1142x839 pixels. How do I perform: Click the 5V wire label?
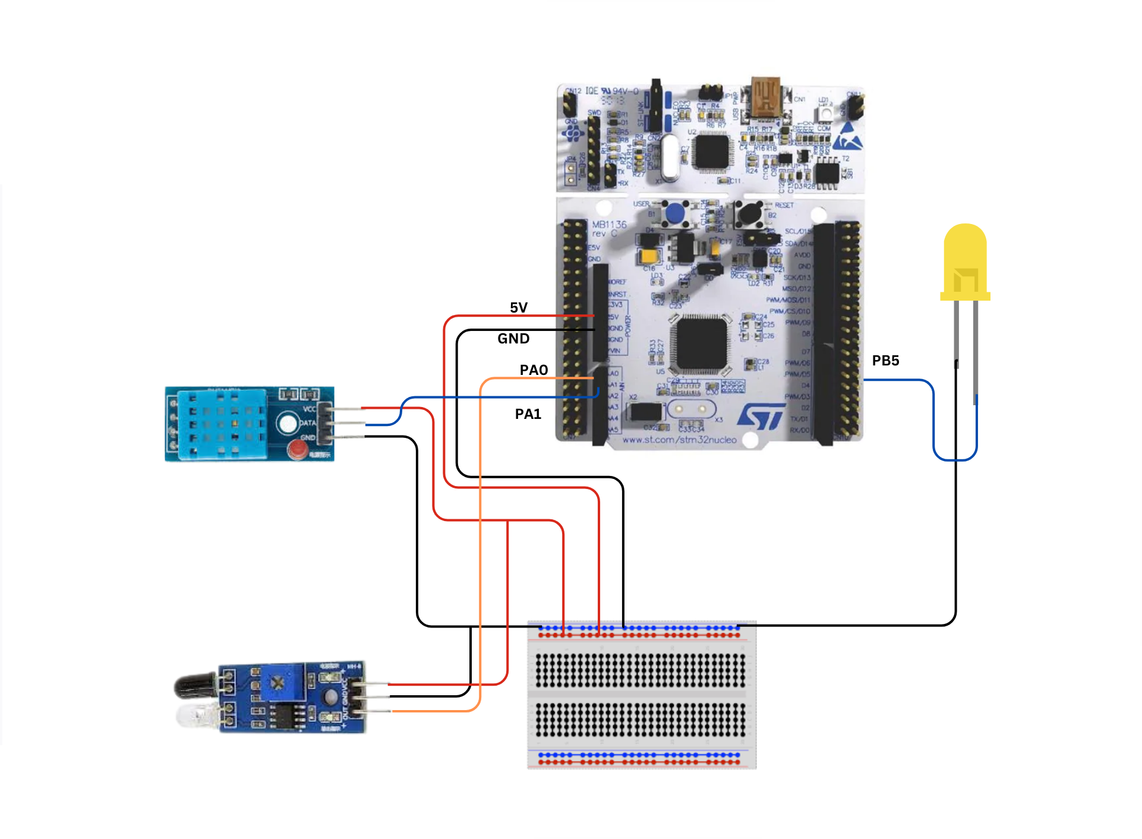click(518, 307)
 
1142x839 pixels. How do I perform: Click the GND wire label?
click(513, 339)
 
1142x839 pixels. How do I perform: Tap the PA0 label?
click(533, 370)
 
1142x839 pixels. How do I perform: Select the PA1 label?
click(528, 414)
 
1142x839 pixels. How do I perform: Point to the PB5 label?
click(885, 361)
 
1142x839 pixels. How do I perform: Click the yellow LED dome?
click(965, 256)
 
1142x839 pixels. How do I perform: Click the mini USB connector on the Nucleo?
click(766, 97)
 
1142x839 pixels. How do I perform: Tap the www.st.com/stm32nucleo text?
click(679, 440)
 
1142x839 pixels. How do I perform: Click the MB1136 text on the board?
click(609, 225)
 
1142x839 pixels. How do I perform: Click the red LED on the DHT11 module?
click(297, 449)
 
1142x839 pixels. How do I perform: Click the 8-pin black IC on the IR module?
click(286, 715)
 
